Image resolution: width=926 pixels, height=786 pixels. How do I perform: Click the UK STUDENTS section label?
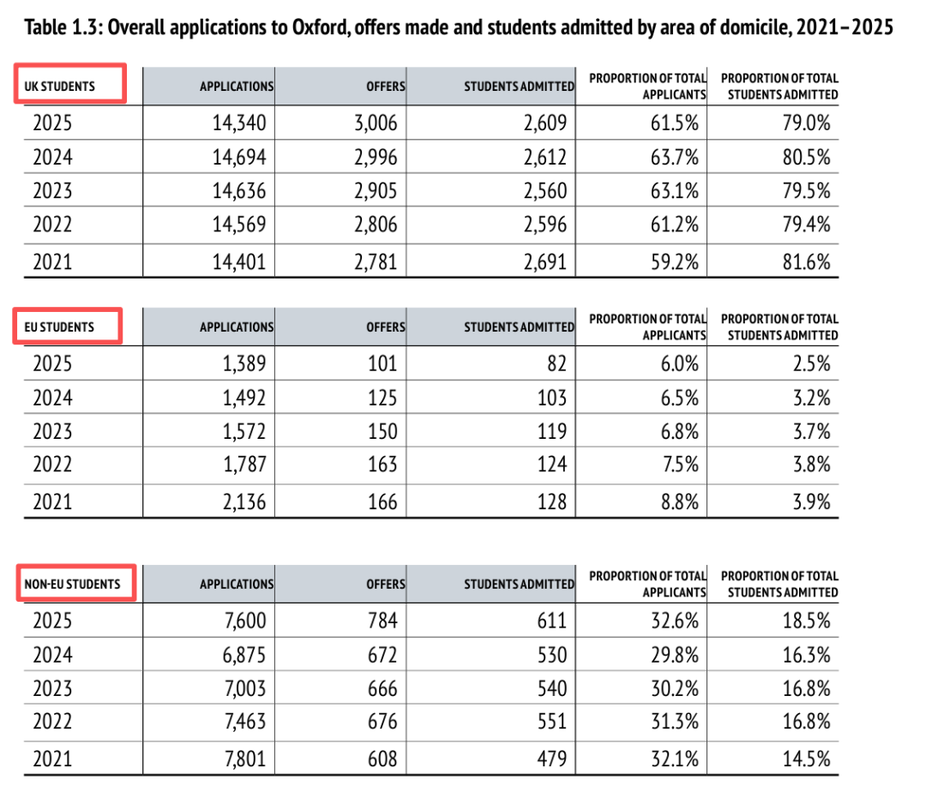(59, 87)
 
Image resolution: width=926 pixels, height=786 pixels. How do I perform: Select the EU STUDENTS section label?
(59, 327)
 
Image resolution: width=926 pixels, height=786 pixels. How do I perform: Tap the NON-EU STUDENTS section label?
(72, 584)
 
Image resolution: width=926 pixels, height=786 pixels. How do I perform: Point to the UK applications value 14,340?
(239, 123)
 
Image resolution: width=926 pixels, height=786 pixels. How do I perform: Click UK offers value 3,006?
(376, 123)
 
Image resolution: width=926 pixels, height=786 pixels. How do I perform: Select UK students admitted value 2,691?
(545, 261)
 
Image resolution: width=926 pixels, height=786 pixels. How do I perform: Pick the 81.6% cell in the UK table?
(806, 261)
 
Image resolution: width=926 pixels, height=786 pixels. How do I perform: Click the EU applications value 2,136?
(244, 502)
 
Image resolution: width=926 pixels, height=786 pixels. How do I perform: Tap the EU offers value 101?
(382, 363)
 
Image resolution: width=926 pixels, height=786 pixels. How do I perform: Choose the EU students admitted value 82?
(557, 363)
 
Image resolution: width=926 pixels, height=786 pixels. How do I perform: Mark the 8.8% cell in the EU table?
(679, 502)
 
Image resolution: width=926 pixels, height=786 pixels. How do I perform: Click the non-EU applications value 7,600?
(244, 621)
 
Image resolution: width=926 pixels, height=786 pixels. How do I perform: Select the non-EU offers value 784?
(382, 621)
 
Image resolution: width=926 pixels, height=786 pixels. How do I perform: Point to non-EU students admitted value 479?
(552, 759)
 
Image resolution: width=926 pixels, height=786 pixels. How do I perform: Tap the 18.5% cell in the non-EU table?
(806, 621)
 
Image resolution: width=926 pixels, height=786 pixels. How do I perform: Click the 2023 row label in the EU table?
(52, 431)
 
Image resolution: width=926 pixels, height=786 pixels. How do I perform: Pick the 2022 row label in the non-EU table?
(52, 721)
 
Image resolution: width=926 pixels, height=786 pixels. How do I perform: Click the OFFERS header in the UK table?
(386, 87)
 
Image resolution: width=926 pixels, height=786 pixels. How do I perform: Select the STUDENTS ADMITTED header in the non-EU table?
(519, 584)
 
